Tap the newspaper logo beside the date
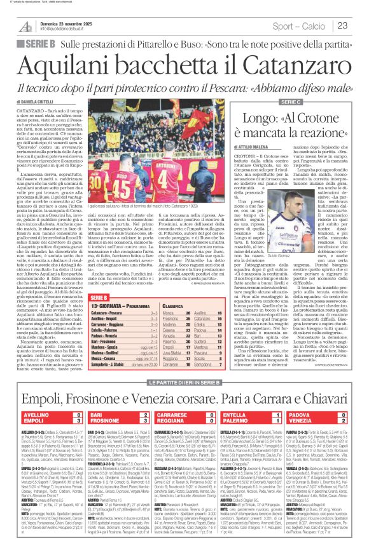click(26, 25)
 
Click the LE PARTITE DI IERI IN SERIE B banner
click(184, 387)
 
